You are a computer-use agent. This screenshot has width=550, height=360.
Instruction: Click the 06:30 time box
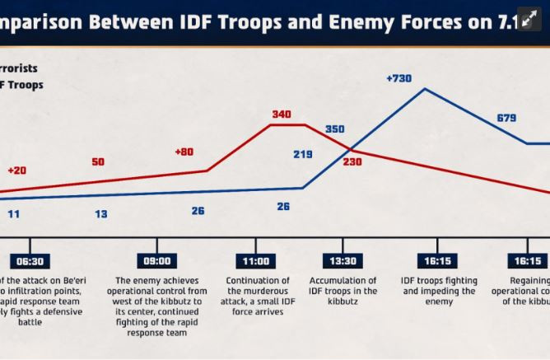[x=30, y=261]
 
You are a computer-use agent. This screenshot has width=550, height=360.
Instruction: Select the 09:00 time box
[x=157, y=261]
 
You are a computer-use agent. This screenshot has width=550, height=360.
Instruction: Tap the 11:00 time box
[x=255, y=261]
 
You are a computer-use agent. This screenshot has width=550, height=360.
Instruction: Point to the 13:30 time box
[x=343, y=261]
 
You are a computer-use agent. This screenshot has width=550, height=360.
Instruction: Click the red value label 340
[x=282, y=115]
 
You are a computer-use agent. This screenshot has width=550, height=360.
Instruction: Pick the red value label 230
[x=352, y=161]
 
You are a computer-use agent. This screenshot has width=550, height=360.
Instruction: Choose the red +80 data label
[x=184, y=152]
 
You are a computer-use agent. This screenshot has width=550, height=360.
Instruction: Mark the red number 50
[x=98, y=162]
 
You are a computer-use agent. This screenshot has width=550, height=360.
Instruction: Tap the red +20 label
[x=16, y=171]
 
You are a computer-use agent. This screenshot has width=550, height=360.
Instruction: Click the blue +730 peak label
[x=399, y=78]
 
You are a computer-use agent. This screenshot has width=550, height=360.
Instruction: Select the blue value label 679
[x=506, y=119]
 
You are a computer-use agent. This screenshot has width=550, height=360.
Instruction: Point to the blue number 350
[x=335, y=129]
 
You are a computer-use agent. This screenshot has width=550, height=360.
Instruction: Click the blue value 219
[x=302, y=154]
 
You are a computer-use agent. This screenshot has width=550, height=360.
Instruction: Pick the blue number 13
[x=100, y=214]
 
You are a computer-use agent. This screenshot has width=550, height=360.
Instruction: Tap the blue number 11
[x=14, y=214]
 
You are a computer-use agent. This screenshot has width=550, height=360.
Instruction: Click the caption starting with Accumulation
[x=343, y=292]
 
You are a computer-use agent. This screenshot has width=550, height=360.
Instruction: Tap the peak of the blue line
[x=425, y=88]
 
